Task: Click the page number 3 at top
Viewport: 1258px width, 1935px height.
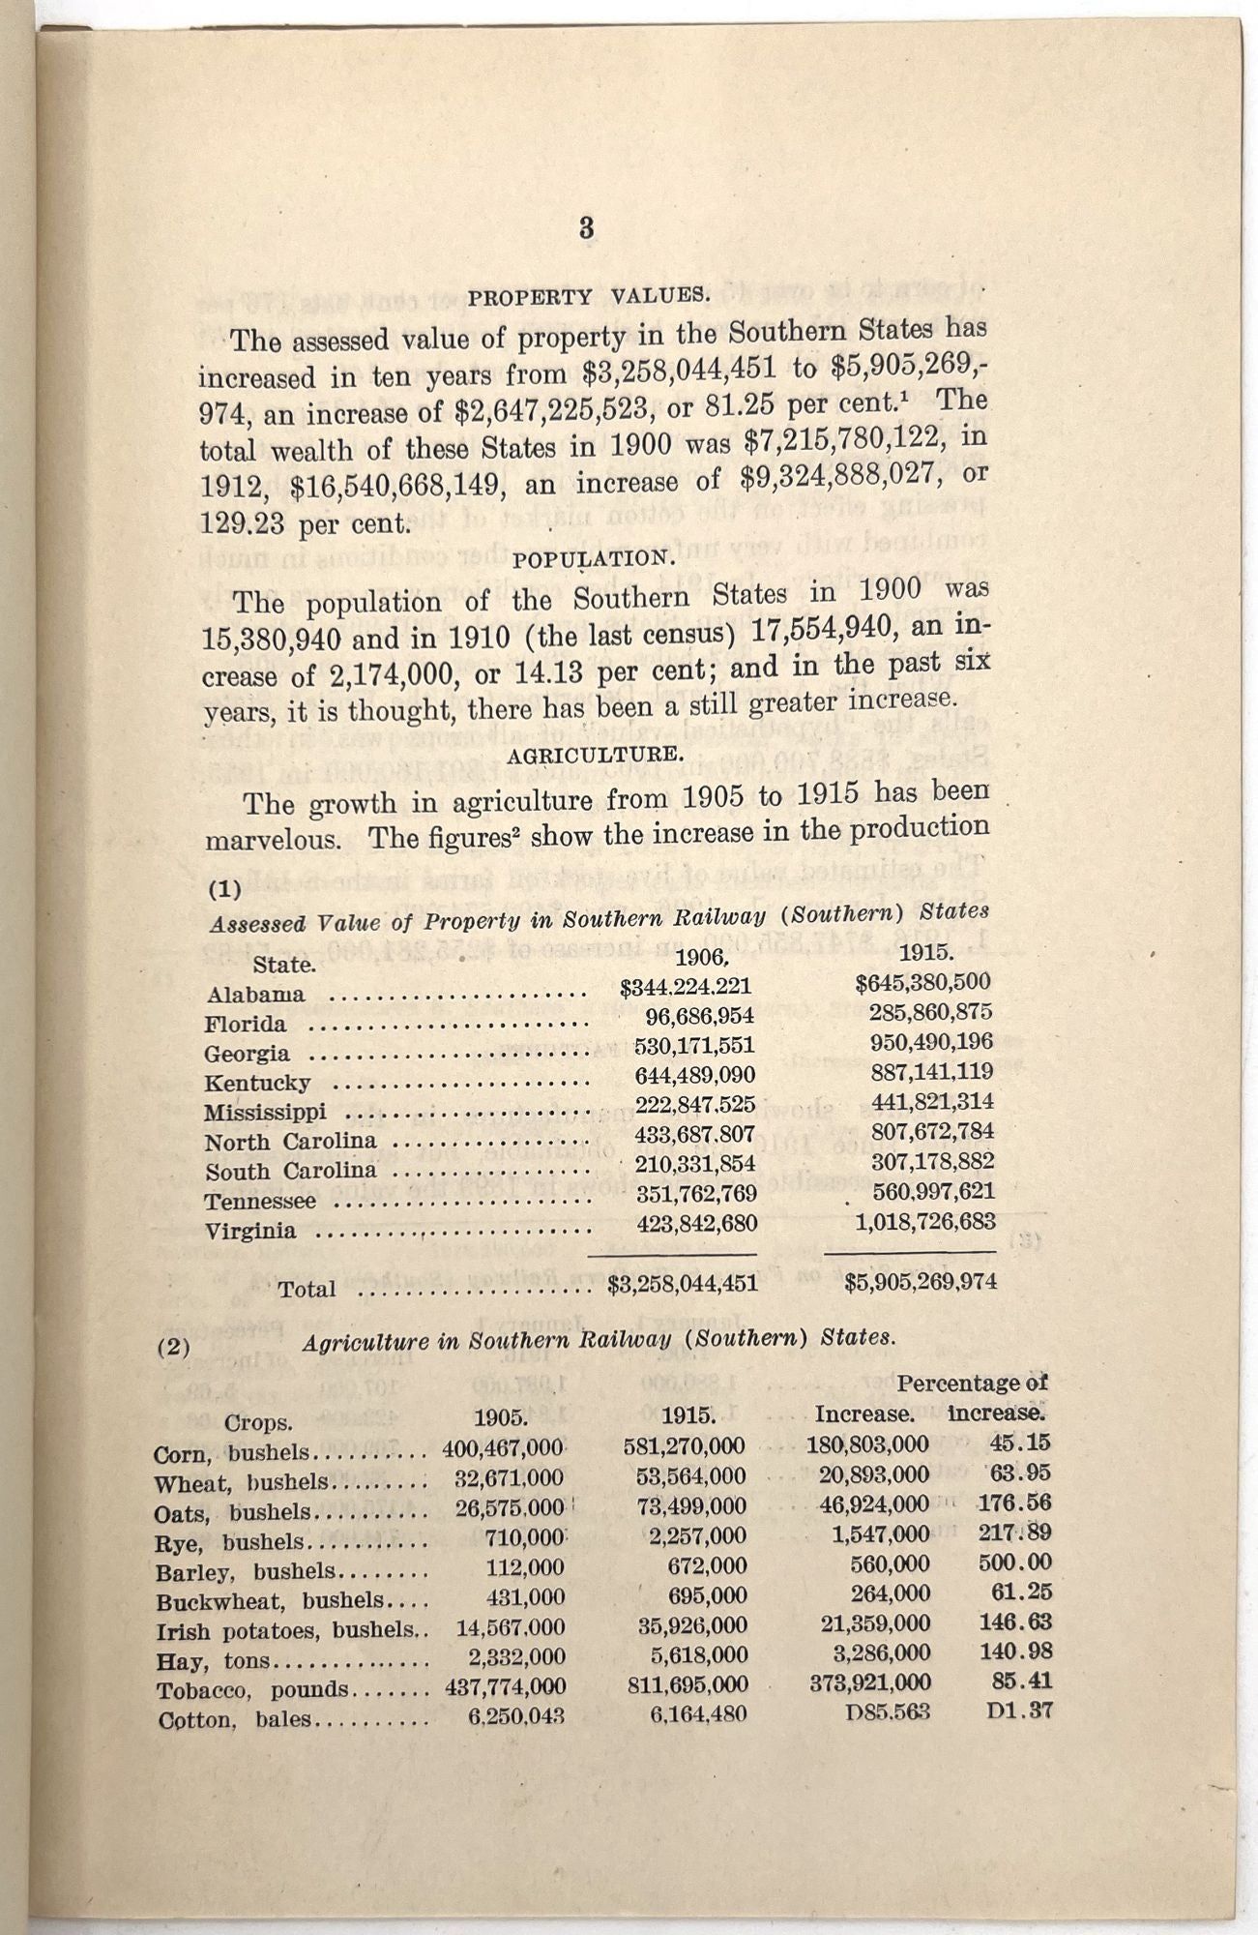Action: pos(586,229)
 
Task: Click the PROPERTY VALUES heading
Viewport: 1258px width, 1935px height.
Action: pos(589,296)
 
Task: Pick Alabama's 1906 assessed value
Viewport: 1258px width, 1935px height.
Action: pos(686,987)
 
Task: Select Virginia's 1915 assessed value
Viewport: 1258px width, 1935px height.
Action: pos(925,1222)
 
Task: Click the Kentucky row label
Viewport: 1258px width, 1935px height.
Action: pos(257,1083)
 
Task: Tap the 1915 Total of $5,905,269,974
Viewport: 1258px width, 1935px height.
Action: pos(920,1283)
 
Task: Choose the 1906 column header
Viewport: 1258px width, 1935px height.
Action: pos(700,958)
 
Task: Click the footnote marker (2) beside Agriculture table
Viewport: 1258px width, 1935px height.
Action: pos(174,1346)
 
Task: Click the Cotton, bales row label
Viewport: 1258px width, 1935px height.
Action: pos(233,1720)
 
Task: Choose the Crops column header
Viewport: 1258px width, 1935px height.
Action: pos(257,1423)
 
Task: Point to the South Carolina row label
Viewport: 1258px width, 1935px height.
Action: pos(291,1172)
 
